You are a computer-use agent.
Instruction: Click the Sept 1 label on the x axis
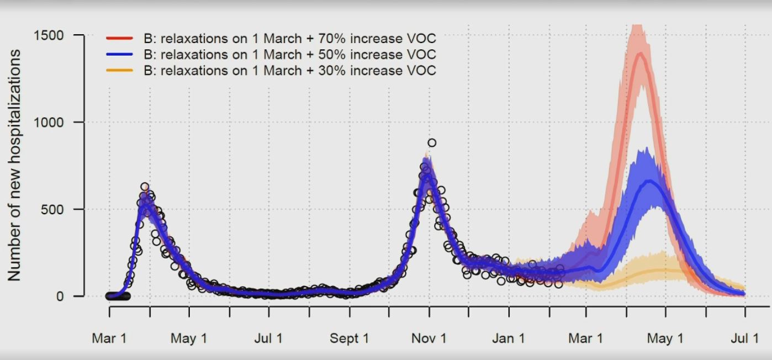349,338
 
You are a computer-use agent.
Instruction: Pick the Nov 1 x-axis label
429,338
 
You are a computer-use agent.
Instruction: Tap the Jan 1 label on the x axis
509,338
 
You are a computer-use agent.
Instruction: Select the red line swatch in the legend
119,39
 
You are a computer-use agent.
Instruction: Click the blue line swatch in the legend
119,55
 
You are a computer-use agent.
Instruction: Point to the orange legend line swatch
119,71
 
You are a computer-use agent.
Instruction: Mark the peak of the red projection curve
641,53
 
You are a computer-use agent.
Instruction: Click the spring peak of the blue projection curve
651,181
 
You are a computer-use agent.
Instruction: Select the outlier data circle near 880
432,143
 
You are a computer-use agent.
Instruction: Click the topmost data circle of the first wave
145,187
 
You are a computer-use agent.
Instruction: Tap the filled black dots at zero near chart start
118,297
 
